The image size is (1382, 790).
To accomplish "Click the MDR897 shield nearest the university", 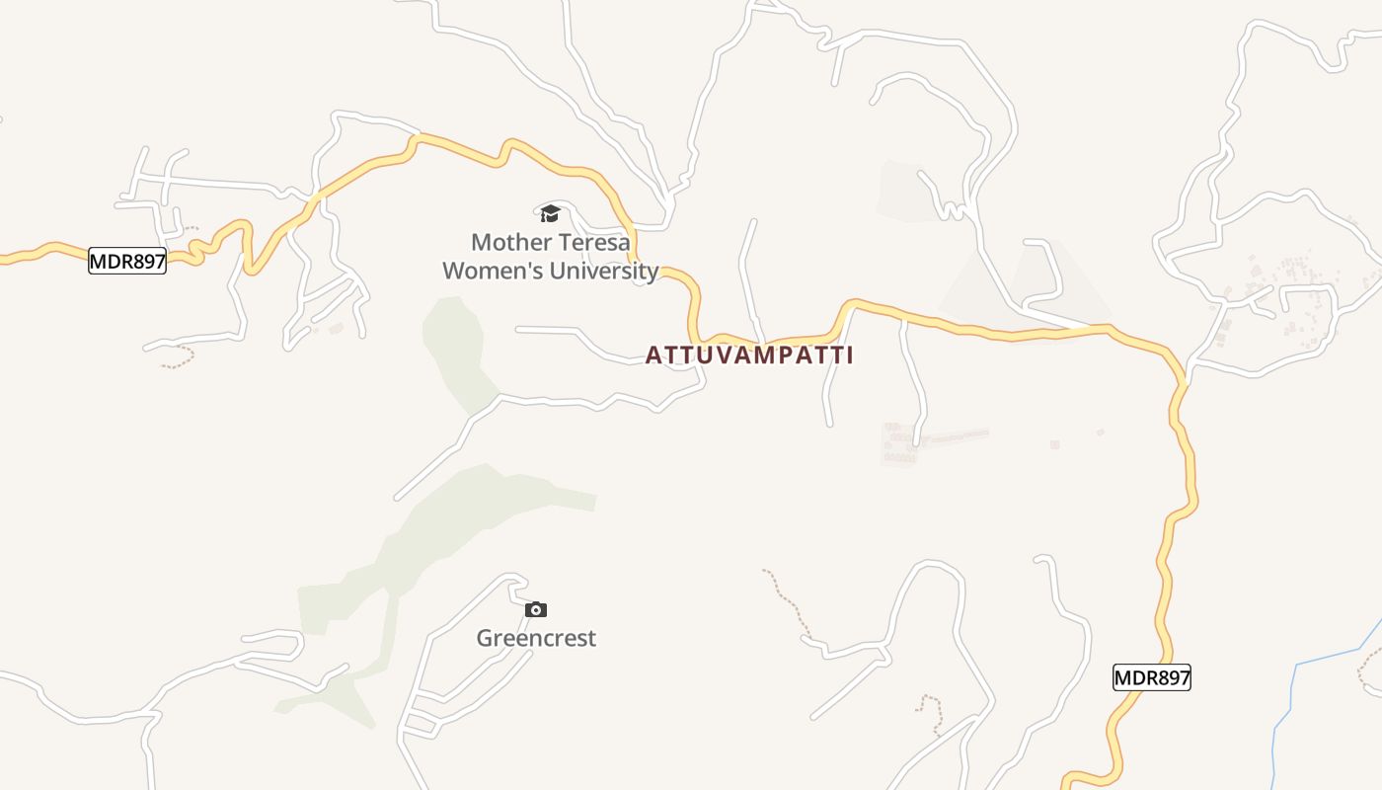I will pyautogui.click(x=127, y=261).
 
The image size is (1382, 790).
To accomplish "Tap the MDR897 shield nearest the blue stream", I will pyautogui.click(x=1152, y=677).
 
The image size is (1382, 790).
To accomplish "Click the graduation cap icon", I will pyautogui.click(x=550, y=213).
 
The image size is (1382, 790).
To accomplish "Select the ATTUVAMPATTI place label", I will pyautogui.click(x=749, y=355).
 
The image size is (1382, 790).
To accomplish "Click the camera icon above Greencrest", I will pyautogui.click(x=536, y=609).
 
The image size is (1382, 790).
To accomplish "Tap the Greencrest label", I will pyautogui.click(x=536, y=638).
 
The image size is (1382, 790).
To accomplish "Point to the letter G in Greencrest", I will pyautogui.click(x=486, y=638).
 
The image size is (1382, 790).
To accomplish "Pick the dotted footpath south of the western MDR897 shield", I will pyautogui.click(x=178, y=359).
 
